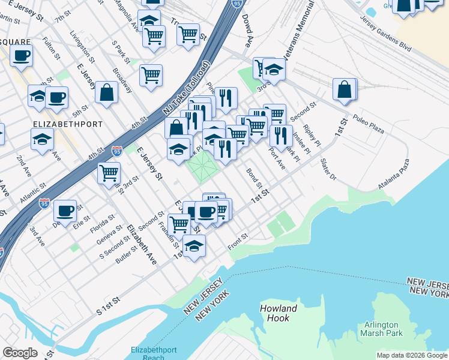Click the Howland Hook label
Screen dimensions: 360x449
[x=279, y=313]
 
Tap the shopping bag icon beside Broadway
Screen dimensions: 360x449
[x=106, y=92]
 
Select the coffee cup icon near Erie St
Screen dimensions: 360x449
[x=65, y=211]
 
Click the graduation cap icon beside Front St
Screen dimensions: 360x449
[x=194, y=246]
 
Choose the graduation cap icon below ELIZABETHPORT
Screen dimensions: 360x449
[x=42, y=139]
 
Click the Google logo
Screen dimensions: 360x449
[x=20, y=353]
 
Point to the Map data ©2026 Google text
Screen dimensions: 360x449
[x=411, y=355]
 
